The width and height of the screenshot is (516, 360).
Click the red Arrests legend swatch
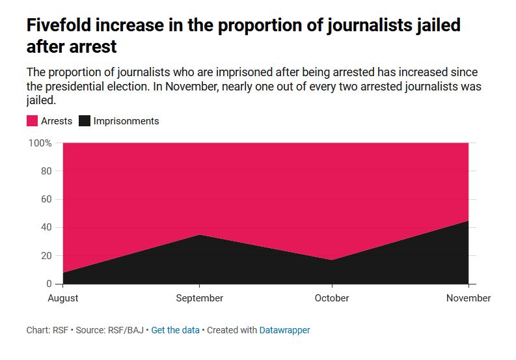click(32, 121)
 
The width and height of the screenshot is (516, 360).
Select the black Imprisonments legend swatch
click(85, 121)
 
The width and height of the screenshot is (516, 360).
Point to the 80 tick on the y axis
click(46, 171)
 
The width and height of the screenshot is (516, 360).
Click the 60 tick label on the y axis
click(46, 199)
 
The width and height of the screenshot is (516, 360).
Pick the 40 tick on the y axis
click(46, 228)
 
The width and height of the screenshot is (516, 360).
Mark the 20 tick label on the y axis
click(46, 256)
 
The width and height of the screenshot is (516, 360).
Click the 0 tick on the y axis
click(48, 284)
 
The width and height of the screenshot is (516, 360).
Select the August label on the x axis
click(63, 298)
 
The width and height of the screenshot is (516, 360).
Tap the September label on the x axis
click(199, 298)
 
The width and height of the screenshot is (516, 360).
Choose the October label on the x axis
click(332, 298)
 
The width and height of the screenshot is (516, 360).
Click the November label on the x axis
click(468, 298)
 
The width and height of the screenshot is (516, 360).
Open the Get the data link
click(176, 330)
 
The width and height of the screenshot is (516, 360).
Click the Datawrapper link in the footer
click(284, 330)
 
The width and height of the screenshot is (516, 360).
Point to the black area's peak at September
click(199, 235)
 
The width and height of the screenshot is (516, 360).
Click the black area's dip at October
click(332, 260)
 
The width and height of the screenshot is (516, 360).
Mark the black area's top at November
click(468, 221)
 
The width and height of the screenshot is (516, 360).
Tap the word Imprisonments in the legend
click(126, 121)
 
